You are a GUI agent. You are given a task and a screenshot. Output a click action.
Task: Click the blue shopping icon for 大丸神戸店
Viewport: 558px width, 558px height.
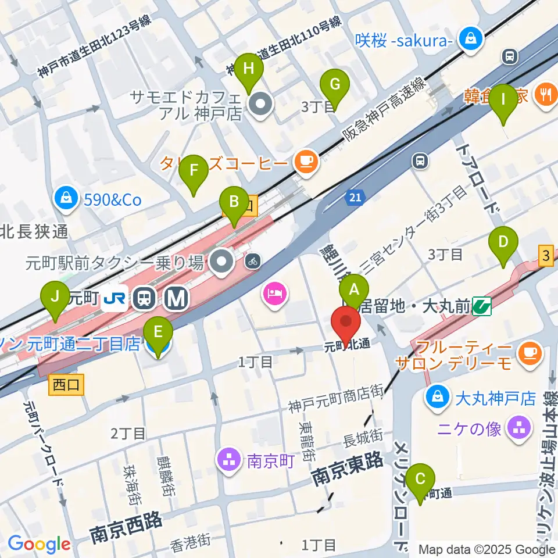point(435,398)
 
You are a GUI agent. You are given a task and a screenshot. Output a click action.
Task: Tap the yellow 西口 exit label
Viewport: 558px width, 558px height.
point(67,385)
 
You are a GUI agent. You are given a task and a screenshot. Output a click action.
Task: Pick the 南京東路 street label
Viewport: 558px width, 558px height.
point(348,469)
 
